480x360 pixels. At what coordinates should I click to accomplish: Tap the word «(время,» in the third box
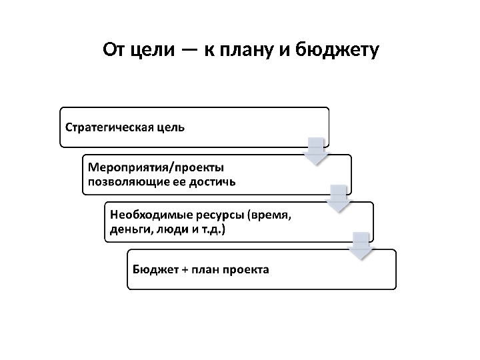point(269,215)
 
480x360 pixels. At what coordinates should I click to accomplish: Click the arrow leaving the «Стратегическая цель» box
point(317,151)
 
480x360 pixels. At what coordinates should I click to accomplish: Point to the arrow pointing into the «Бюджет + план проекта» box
point(361,245)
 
